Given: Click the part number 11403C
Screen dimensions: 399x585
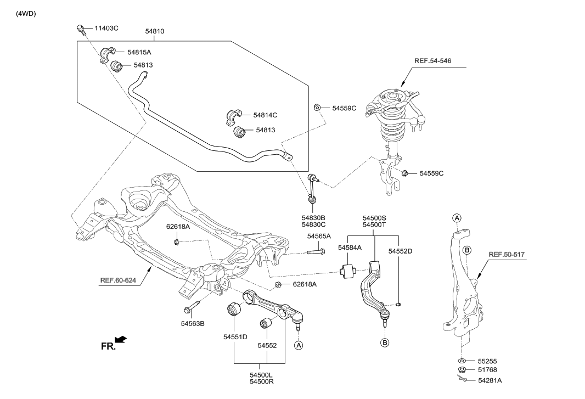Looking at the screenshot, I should (x=106, y=27).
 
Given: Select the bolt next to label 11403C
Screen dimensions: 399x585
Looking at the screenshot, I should (x=81, y=29).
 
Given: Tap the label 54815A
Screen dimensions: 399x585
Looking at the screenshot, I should (x=139, y=52).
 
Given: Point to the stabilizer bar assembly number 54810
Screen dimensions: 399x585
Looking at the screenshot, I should (x=154, y=32).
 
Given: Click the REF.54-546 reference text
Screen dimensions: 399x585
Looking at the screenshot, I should (x=434, y=60).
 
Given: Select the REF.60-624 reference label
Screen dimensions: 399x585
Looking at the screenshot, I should (x=117, y=280).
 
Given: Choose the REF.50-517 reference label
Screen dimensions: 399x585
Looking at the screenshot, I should (x=507, y=255).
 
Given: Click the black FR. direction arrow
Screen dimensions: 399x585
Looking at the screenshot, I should (x=120, y=340).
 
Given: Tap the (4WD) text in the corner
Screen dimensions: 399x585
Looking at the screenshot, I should (x=26, y=14).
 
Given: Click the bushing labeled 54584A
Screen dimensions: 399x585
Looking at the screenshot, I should (x=348, y=271).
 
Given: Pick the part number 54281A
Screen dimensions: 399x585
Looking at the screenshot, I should (x=490, y=380).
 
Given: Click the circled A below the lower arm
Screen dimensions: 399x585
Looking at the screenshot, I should (x=299, y=345).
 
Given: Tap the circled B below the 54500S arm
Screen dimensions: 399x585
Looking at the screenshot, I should (x=385, y=343).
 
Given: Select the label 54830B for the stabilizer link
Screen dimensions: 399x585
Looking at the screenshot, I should (x=313, y=217).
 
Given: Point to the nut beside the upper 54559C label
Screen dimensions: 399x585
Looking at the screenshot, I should (x=317, y=108).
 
